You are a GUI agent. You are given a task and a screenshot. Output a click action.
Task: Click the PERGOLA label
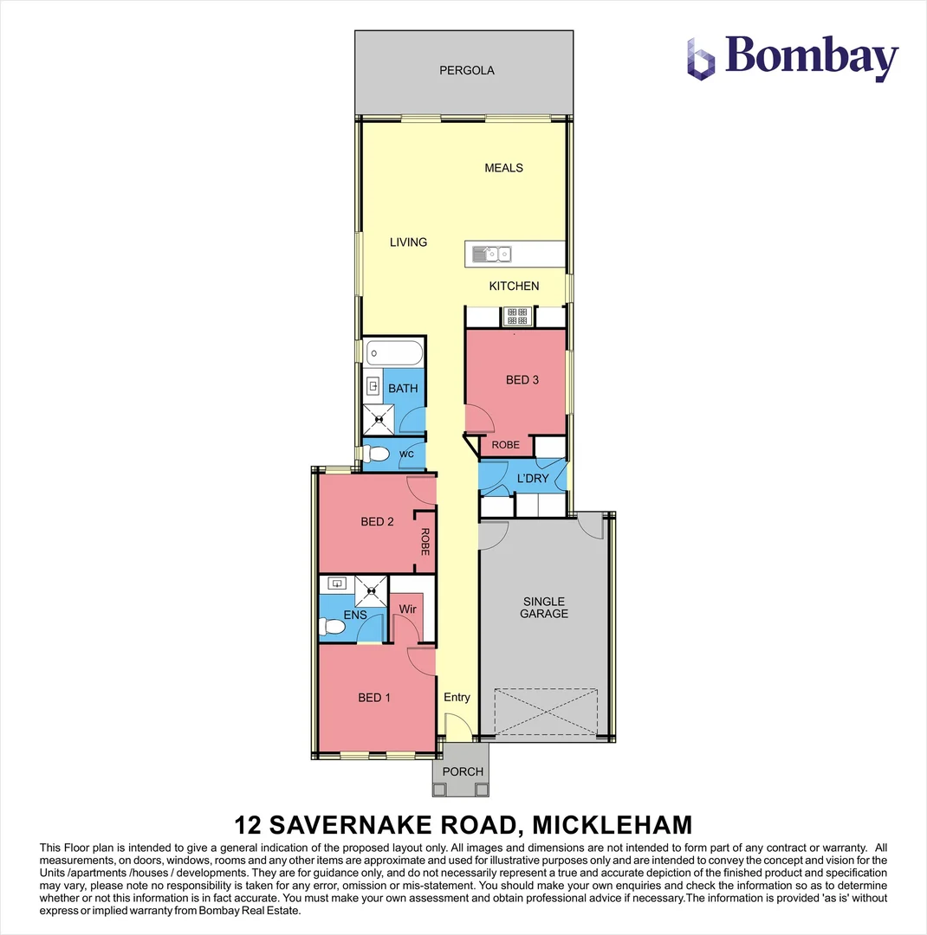coord(466,70)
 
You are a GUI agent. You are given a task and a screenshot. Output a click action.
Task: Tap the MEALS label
coord(503,168)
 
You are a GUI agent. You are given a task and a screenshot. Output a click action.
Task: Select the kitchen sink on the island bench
coord(492,254)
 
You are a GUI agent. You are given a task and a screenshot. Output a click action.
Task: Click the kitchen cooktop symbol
coord(517,316)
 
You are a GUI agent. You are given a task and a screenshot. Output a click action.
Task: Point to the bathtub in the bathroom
coord(394,353)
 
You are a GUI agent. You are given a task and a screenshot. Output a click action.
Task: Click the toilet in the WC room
coord(375,454)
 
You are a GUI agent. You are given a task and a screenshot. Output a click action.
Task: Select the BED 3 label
coord(522,379)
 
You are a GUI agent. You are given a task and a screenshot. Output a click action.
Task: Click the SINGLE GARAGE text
coord(544,607)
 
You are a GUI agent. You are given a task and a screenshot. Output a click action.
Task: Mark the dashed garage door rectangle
coord(547,713)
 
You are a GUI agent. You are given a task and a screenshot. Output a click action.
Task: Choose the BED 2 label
coord(377,521)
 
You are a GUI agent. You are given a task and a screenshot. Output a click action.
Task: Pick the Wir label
coord(408,609)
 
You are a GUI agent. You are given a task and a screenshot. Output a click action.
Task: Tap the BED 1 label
coord(374,697)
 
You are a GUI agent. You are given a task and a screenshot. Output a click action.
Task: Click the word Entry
coord(457,697)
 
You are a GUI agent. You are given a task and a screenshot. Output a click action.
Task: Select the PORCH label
coord(463,771)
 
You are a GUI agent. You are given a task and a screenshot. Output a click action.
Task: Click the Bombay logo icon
coord(701,59)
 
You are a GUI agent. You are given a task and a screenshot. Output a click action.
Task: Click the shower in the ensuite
coord(372,591)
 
